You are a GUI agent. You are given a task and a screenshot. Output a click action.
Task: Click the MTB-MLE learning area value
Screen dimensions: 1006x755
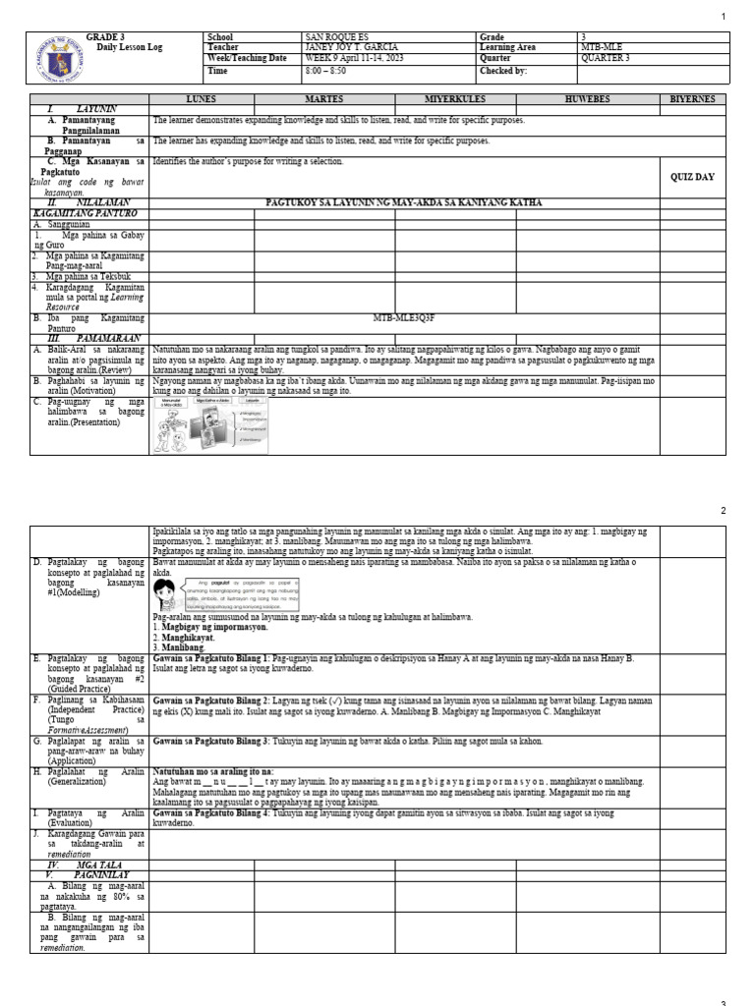pyautogui.click(x=603, y=47)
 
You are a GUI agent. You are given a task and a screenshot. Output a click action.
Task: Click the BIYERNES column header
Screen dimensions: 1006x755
pyautogui.click(x=692, y=100)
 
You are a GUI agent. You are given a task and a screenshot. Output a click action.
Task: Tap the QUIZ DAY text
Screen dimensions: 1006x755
pyautogui.click(x=692, y=178)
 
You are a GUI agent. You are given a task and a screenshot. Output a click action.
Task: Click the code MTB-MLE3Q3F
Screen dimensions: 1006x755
pyautogui.click(x=404, y=318)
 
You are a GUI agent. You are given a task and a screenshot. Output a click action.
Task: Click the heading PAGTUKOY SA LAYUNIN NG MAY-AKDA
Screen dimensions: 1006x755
pyautogui.click(x=403, y=202)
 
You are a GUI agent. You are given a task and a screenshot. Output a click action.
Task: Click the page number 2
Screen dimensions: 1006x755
pyautogui.click(x=723, y=512)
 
